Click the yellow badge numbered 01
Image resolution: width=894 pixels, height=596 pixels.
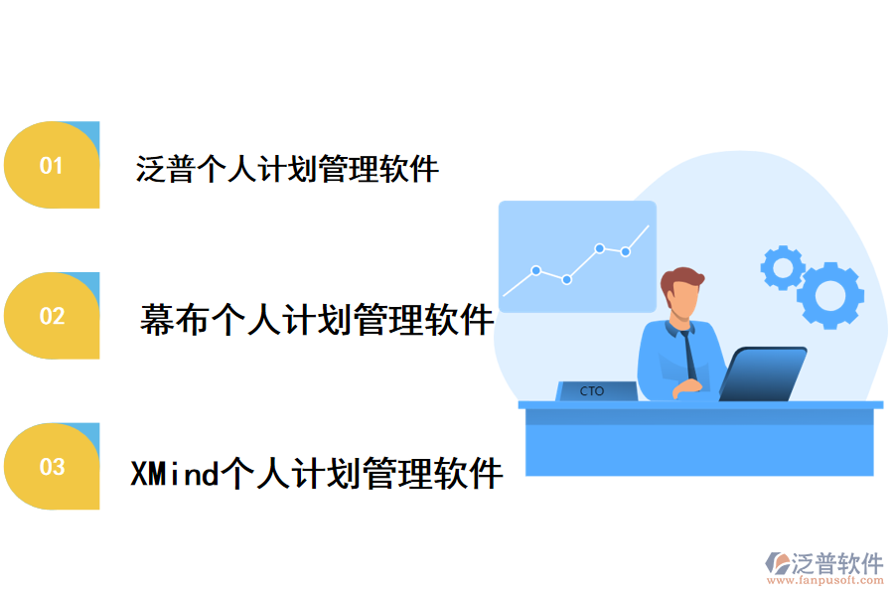tap(51, 166)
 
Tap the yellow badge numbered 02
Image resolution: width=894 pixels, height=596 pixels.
tap(51, 316)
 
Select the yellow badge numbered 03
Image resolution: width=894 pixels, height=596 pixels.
tap(51, 466)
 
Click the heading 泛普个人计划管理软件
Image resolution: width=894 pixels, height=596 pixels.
tap(287, 169)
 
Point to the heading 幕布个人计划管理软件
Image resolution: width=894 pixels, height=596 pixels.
tap(317, 320)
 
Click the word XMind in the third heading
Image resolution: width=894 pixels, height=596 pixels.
tap(174, 474)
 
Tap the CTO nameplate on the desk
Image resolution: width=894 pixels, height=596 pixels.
tap(594, 391)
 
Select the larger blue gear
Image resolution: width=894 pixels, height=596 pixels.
tap(829, 295)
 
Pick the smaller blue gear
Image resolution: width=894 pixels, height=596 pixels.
tap(782, 266)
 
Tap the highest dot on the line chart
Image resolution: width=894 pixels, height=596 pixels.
tap(600, 248)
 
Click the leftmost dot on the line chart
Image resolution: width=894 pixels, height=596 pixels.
tap(536, 270)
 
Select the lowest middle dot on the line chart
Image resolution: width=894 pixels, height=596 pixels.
tap(567, 280)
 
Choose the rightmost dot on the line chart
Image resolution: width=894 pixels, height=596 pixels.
tap(626, 251)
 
